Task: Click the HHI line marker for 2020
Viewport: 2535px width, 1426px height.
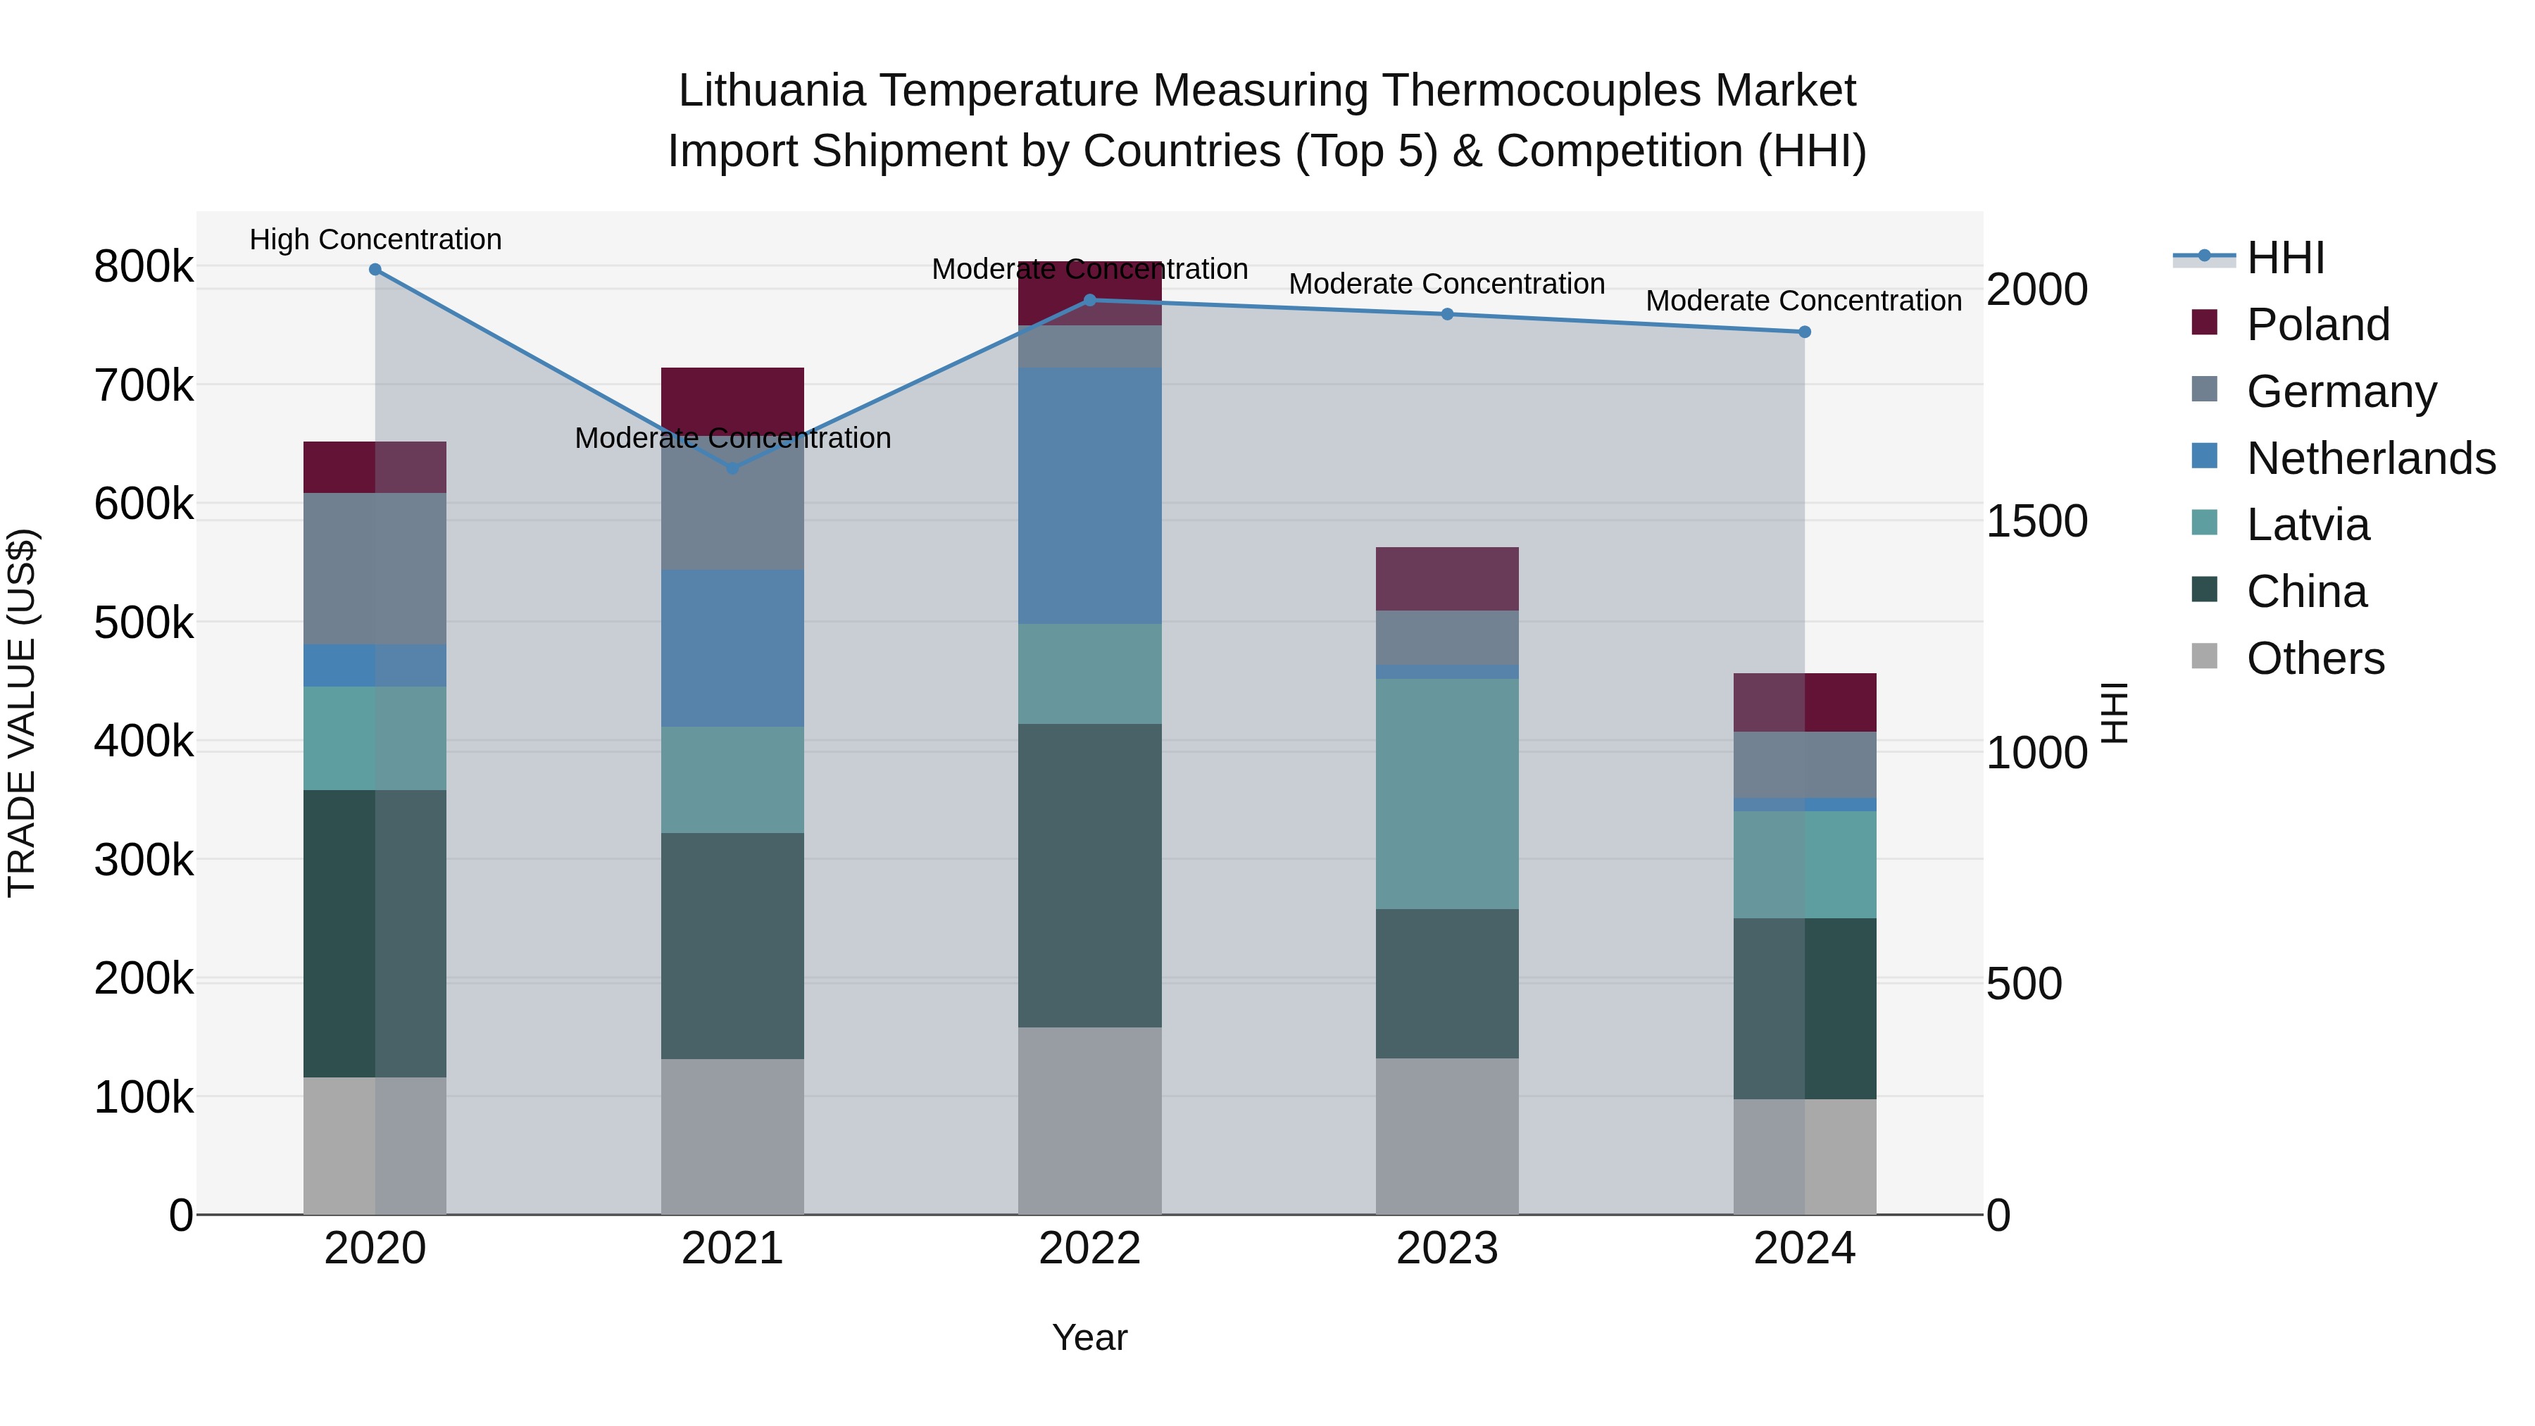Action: point(375,270)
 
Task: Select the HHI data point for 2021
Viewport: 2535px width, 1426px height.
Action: point(732,468)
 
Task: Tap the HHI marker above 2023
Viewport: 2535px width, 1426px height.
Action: point(1446,315)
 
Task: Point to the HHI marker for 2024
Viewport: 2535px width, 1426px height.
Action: point(1804,332)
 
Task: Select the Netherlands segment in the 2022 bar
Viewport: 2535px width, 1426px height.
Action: point(1089,496)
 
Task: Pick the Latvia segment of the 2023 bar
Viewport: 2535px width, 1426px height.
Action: point(1446,793)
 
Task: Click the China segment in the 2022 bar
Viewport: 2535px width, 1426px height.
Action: point(1089,876)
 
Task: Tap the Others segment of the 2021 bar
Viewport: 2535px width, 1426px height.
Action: point(732,1137)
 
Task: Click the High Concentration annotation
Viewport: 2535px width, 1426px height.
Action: point(375,240)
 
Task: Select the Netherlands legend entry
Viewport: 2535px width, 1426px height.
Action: point(2370,458)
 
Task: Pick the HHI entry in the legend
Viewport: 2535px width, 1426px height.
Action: point(2284,258)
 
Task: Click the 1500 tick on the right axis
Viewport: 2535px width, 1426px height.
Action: point(2036,522)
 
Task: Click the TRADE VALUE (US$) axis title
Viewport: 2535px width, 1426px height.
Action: point(22,713)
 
